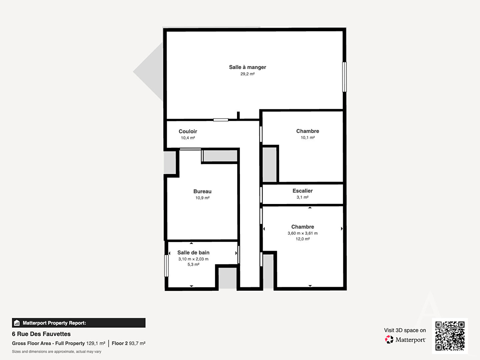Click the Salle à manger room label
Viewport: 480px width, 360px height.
(247, 67)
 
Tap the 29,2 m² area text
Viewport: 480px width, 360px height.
(247, 74)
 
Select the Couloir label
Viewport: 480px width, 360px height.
(188, 131)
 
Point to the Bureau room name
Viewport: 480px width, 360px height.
(202, 191)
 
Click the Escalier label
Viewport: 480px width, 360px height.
(302, 191)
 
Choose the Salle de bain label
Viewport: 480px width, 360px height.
(193, 253)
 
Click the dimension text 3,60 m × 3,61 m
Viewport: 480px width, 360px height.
(302, 233)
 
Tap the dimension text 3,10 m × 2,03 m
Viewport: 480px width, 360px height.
(193, 259)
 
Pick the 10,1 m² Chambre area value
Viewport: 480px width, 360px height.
(307, 137)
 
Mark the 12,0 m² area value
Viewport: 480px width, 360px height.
(302, 239)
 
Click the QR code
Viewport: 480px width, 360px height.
(450, 336)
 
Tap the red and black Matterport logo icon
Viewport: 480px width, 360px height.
(389, 339)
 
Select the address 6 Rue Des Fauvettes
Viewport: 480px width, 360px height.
(41, 334)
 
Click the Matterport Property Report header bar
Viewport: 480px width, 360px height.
(79, 323)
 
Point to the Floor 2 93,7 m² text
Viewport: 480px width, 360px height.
(128, 343)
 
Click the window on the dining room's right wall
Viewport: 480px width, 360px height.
(344, 77)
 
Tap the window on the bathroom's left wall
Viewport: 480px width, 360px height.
(166, 266)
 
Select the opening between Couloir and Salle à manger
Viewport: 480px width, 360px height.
(221, 120)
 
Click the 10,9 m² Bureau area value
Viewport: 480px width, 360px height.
(202, 198)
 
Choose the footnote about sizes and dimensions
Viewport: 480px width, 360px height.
(56, 352)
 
